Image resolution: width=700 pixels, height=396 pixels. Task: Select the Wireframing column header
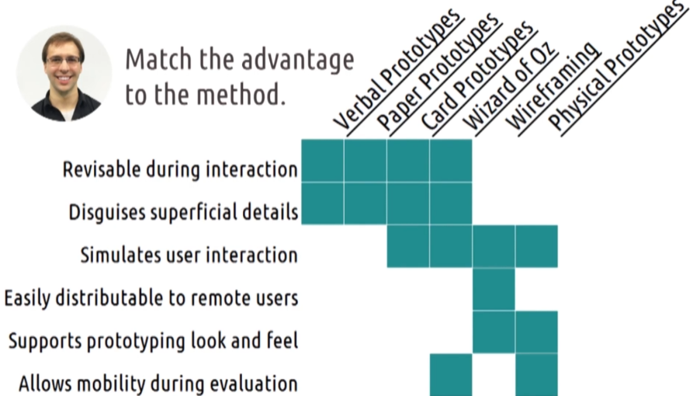[553, 87]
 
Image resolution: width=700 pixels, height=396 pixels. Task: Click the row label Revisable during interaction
[180, 169]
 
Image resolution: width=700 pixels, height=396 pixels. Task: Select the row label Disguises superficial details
[183, 212]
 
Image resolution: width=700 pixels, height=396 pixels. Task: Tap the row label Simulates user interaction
[189, 255]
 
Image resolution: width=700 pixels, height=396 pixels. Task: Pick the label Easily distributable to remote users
[151, 298]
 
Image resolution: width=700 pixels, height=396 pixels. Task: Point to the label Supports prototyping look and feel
[153, 341]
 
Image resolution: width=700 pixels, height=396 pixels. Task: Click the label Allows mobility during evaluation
[158, 384]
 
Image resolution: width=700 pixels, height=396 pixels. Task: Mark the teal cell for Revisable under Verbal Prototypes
[322, 160]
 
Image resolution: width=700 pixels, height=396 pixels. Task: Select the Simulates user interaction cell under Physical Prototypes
[536, 246]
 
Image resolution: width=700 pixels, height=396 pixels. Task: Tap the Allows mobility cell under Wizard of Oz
[451, 374]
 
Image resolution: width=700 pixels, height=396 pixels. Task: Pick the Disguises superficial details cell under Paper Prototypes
[366, 203]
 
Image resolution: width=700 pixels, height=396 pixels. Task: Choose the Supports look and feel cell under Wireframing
[494, 332]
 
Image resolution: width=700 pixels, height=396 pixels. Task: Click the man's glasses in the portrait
[64, 61]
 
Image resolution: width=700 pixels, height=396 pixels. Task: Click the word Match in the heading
[158, 59]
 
